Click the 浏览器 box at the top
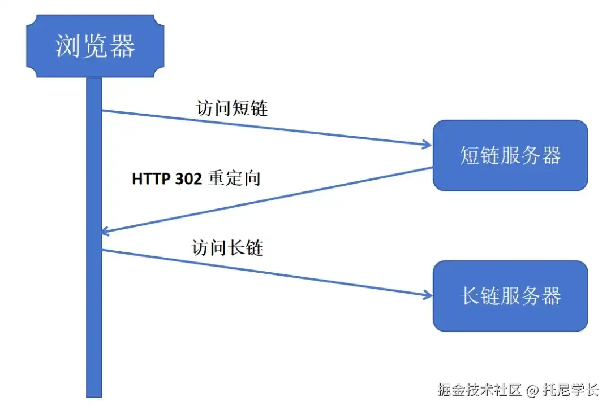pyautogui.click(x=94, y=46)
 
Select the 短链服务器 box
pyautogui.click(x=510, y=155)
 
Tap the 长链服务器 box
pyautogui.click(x=510, y=296)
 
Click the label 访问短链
pyautogui.click(x=232, y=107)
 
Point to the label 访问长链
pyautogui.click(x=228, y=247)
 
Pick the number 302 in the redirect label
pyautogui.click(x=188, y=178)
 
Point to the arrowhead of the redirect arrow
pyautogui.click(x=106, y=230)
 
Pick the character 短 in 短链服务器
pyautogui.click(x=470, y=155)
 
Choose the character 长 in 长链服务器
pyautogui.click(x=470, y=296)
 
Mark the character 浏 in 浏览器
pyautogui.click(x=67, y=46)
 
